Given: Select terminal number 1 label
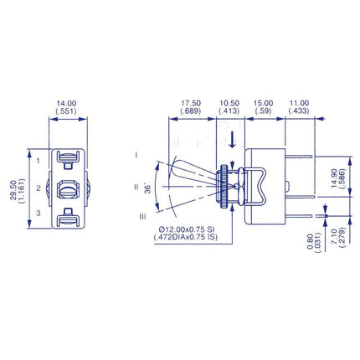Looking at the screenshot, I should (39, 159).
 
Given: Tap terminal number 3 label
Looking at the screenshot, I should (39, 215).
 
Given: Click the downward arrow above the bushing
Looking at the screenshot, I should (232, 136).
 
